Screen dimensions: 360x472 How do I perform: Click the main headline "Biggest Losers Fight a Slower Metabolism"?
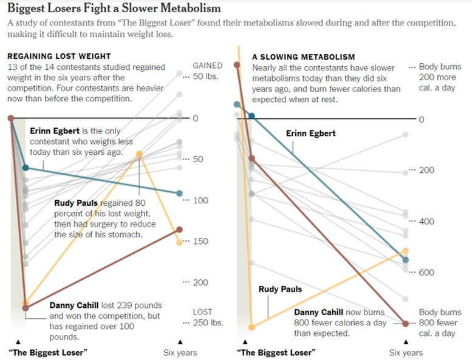click(114, 9)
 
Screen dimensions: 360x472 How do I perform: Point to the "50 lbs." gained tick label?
click(207, 77)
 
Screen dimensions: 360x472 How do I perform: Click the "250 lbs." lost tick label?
click(207, 322)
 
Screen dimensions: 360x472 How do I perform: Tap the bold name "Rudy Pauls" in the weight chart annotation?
click(76, 203)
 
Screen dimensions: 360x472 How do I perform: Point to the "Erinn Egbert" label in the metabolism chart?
click(310, 133)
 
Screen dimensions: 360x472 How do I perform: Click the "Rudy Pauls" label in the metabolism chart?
click(280, 289)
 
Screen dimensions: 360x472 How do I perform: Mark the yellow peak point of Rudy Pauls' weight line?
click(140, 154)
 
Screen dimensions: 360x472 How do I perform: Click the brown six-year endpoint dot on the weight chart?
click(179, 229)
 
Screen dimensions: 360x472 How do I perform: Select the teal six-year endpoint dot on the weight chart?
click(179, 193)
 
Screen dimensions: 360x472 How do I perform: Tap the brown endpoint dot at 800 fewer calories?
click(406, 323)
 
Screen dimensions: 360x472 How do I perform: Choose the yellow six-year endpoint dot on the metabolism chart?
click(406, 250)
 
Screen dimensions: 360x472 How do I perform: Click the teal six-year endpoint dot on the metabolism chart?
click(406, 259)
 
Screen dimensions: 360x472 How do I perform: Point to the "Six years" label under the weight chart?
click(180, 352)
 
